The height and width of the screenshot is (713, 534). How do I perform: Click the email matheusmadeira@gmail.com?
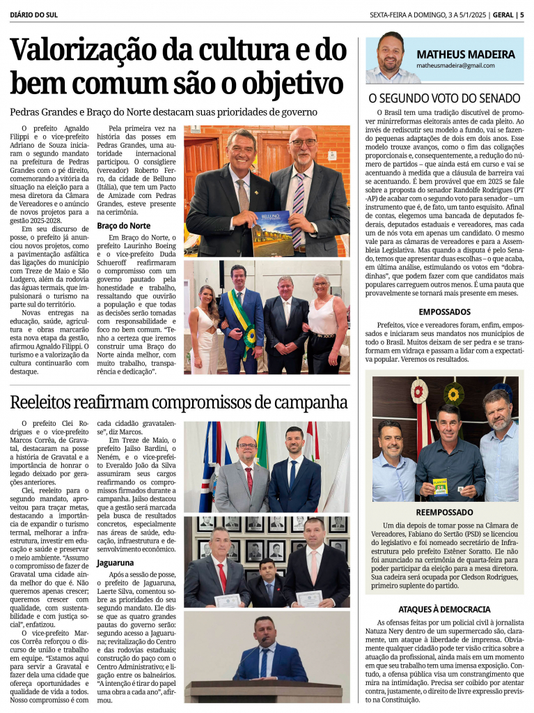click(455, 66)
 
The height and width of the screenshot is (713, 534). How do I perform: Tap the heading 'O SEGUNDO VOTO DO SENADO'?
click(444, 98)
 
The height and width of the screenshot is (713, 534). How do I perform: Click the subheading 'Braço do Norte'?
click(123, 226)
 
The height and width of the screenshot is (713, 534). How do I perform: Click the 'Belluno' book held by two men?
click(272, 232)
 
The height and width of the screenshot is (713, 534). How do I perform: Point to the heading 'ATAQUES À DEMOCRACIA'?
click(444, 608)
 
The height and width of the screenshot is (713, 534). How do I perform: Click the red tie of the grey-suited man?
click(249, 478)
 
